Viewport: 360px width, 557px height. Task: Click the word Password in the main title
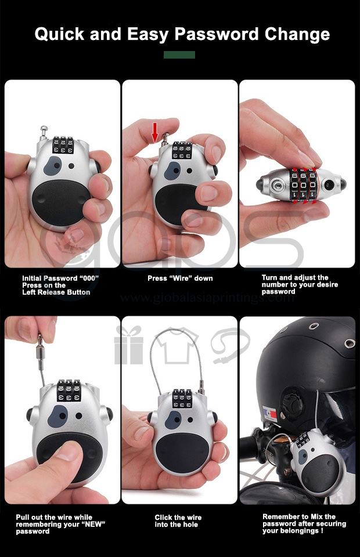tap(216, 34)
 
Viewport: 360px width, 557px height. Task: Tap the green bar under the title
tap(179, 55)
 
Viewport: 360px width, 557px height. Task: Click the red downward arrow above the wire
tap(154, 132)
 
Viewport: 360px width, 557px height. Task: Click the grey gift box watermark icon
tap(129, 345)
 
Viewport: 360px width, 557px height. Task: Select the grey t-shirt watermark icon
tap(177, 345)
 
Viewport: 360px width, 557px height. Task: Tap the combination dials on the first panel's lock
tap(63, 145)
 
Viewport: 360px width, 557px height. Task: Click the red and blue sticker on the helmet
tap(270, 414)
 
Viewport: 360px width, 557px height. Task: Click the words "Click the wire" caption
tap(178, 517)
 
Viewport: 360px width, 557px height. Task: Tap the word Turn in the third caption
tap(269, 277)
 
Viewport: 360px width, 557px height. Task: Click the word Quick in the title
tap(59, 34)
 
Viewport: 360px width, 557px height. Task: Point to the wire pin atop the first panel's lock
tap(44, 132)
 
